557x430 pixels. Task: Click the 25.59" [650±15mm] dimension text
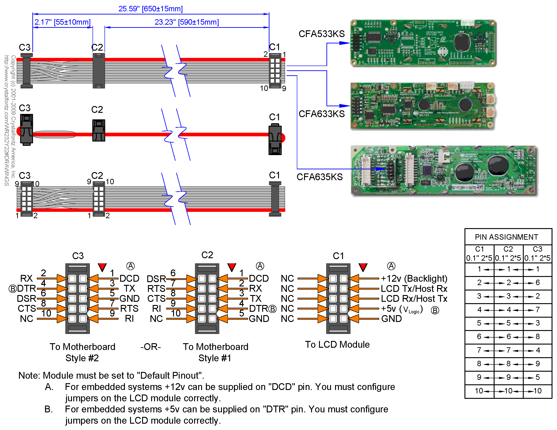pyautogui.click(x=150, y=9)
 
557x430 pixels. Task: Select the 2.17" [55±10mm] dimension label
pyautogui.click(x=62, y=22)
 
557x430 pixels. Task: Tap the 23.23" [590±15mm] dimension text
pyautogui.click(x=187, y=22)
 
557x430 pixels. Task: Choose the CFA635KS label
pyautogui.click(x=319, y=177)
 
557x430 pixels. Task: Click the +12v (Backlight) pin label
pyautogui.click(x=414, y=278)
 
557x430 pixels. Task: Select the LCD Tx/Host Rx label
pyautogui.click(x=414, y=288)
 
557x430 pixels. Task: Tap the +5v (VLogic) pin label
pyautogui.click(x=402, y=309)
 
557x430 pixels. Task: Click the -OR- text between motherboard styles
pyautogui.click(x=150, y=347)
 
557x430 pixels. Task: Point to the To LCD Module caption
pyautogui.click(x=337, y=344)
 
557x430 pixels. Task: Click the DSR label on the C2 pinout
pyautogui.click(x=156, y=279)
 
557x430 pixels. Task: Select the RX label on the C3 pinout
pyautogui.click(x=26, y=278)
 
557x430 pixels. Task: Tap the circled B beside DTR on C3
pyautogui.click(x=12, y=289)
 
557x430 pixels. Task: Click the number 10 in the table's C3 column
pyautogui.click(x=537, y=390)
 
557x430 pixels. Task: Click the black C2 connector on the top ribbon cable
pyautogui.click(x=99, y=71)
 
